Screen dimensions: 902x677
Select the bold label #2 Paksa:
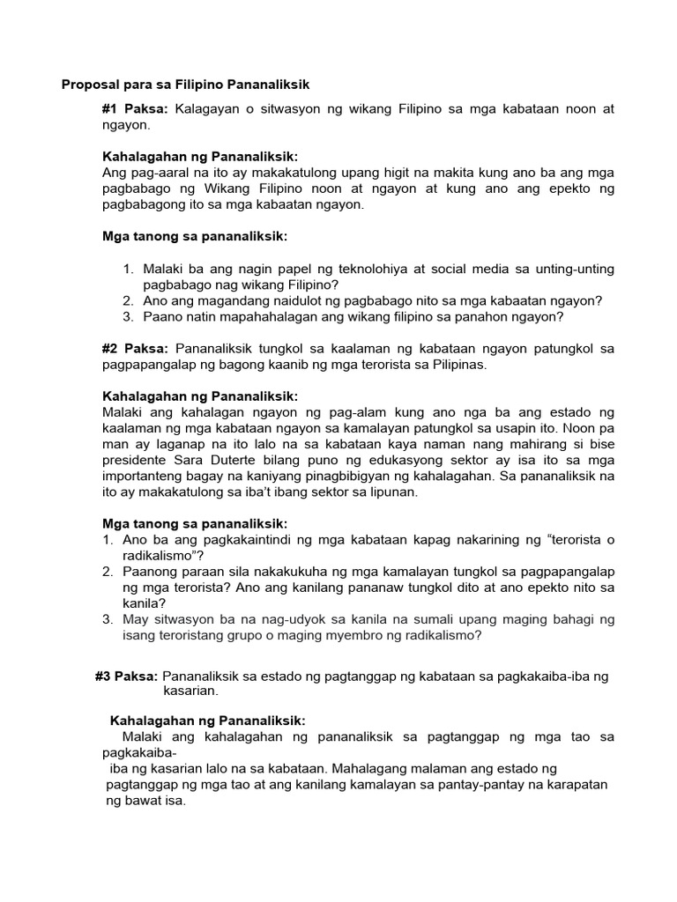137,349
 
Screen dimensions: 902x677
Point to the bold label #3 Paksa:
126,676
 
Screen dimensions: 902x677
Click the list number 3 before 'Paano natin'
128,317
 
